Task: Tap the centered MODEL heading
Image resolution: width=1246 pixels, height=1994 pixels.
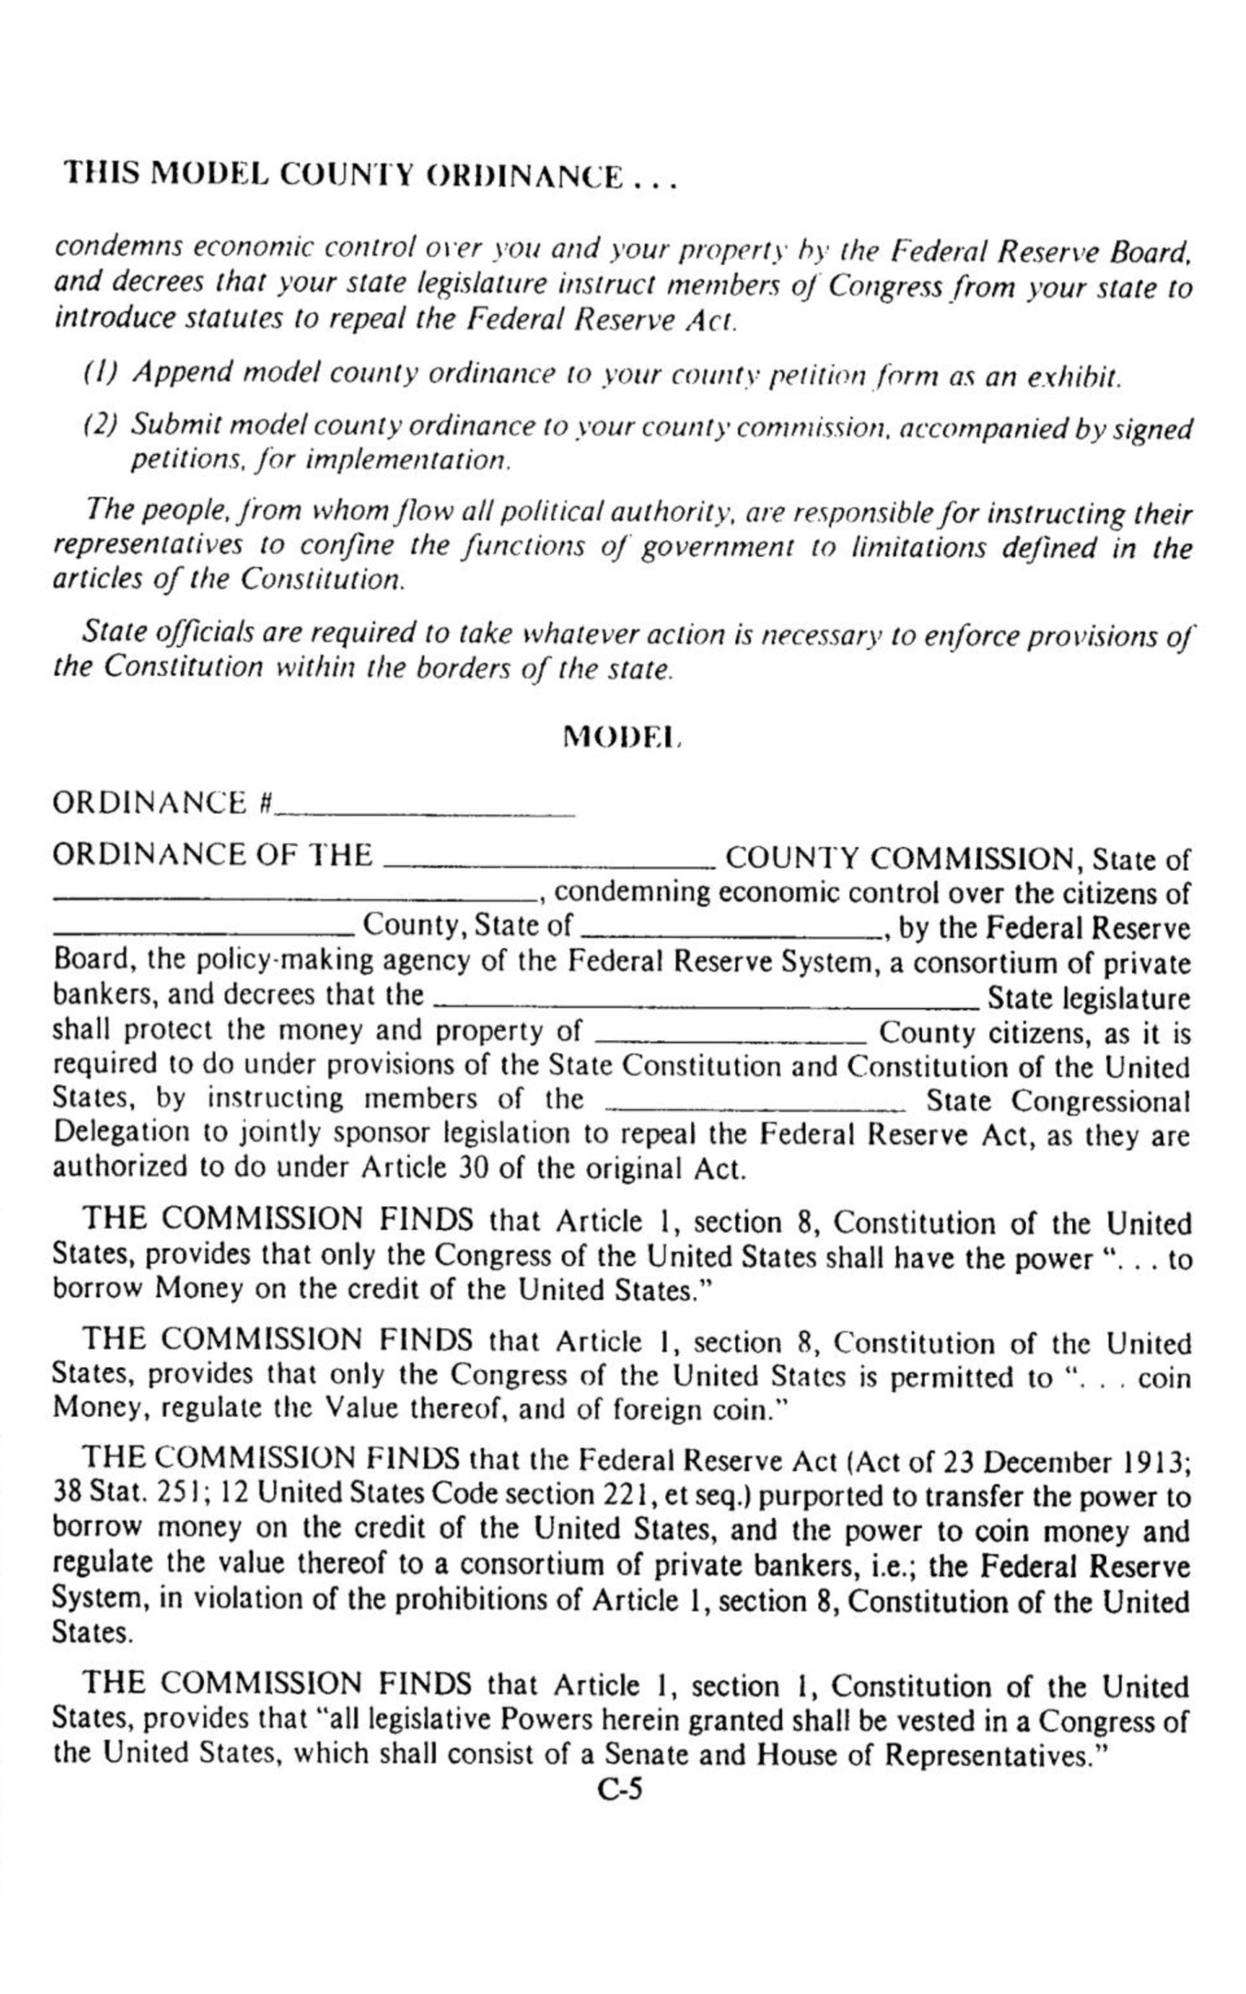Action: tap(622, 736)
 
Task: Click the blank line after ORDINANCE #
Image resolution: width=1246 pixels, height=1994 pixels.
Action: tap(425, 813)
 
